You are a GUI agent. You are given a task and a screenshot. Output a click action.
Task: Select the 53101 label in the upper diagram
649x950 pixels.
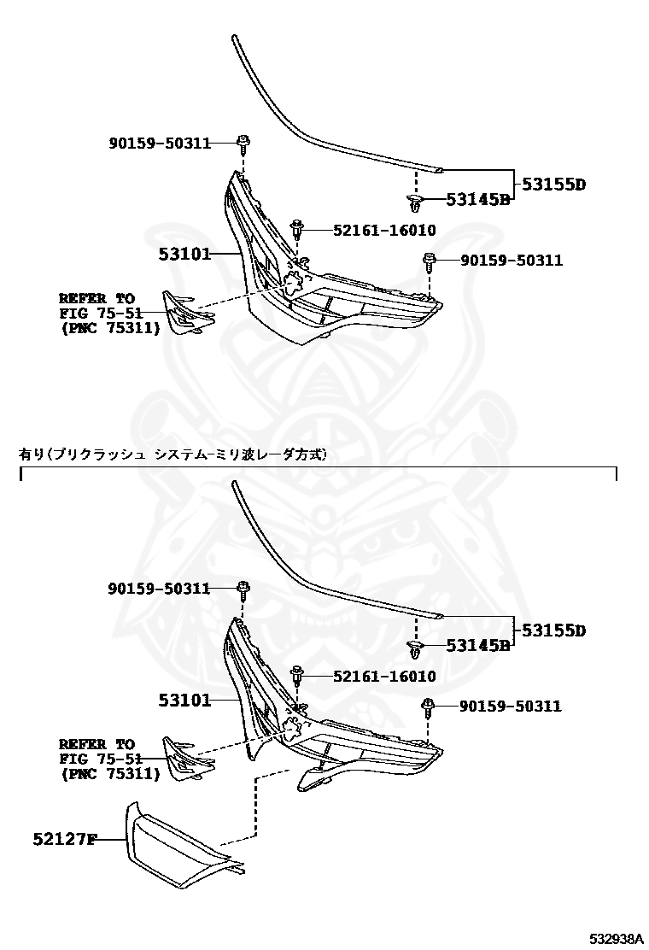[184, 254]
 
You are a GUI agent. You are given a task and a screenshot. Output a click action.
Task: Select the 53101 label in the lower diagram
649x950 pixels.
[184, 700]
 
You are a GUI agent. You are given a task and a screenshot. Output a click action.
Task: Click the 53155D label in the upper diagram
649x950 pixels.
[554, 184]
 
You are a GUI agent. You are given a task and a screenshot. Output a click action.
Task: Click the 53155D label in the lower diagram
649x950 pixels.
[554, 630]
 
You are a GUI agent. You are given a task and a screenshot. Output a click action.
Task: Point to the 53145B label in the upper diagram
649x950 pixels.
[477, 200]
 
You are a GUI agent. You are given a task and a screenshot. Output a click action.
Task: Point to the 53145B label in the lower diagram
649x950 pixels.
[477, 646]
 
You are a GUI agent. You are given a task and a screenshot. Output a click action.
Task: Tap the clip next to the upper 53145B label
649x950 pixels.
[416, 202]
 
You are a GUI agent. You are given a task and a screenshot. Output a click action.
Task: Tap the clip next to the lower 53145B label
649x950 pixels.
[416, 648]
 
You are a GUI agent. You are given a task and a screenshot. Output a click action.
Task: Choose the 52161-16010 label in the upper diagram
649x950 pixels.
[372, 230]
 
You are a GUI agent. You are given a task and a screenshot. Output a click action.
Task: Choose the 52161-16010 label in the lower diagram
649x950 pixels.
[372, 677]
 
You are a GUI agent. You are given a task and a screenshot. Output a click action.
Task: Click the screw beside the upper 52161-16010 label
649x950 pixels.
[297, 229]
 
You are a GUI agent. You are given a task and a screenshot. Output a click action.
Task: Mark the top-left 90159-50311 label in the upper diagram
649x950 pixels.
[160, 143]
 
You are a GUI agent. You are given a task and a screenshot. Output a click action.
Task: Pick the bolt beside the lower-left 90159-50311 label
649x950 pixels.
[243, 588]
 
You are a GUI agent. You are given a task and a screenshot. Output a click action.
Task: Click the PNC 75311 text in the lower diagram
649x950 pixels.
[110, 774]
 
